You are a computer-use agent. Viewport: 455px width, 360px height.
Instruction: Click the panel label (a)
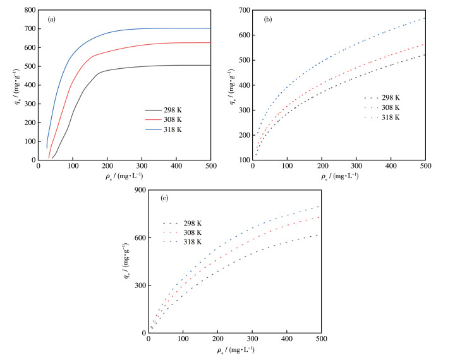[x=52, y=19]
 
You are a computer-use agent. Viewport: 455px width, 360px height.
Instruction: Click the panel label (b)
[x=268, y=20]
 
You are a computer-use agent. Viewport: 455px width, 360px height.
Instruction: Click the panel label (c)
[x=164, y=199]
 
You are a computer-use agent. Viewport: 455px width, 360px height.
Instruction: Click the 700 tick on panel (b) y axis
[x=243, y=10]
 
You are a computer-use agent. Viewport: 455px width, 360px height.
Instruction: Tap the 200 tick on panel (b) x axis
[x=322, y=166]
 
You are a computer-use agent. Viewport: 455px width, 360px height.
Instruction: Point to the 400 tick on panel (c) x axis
[x=286, y=339]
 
